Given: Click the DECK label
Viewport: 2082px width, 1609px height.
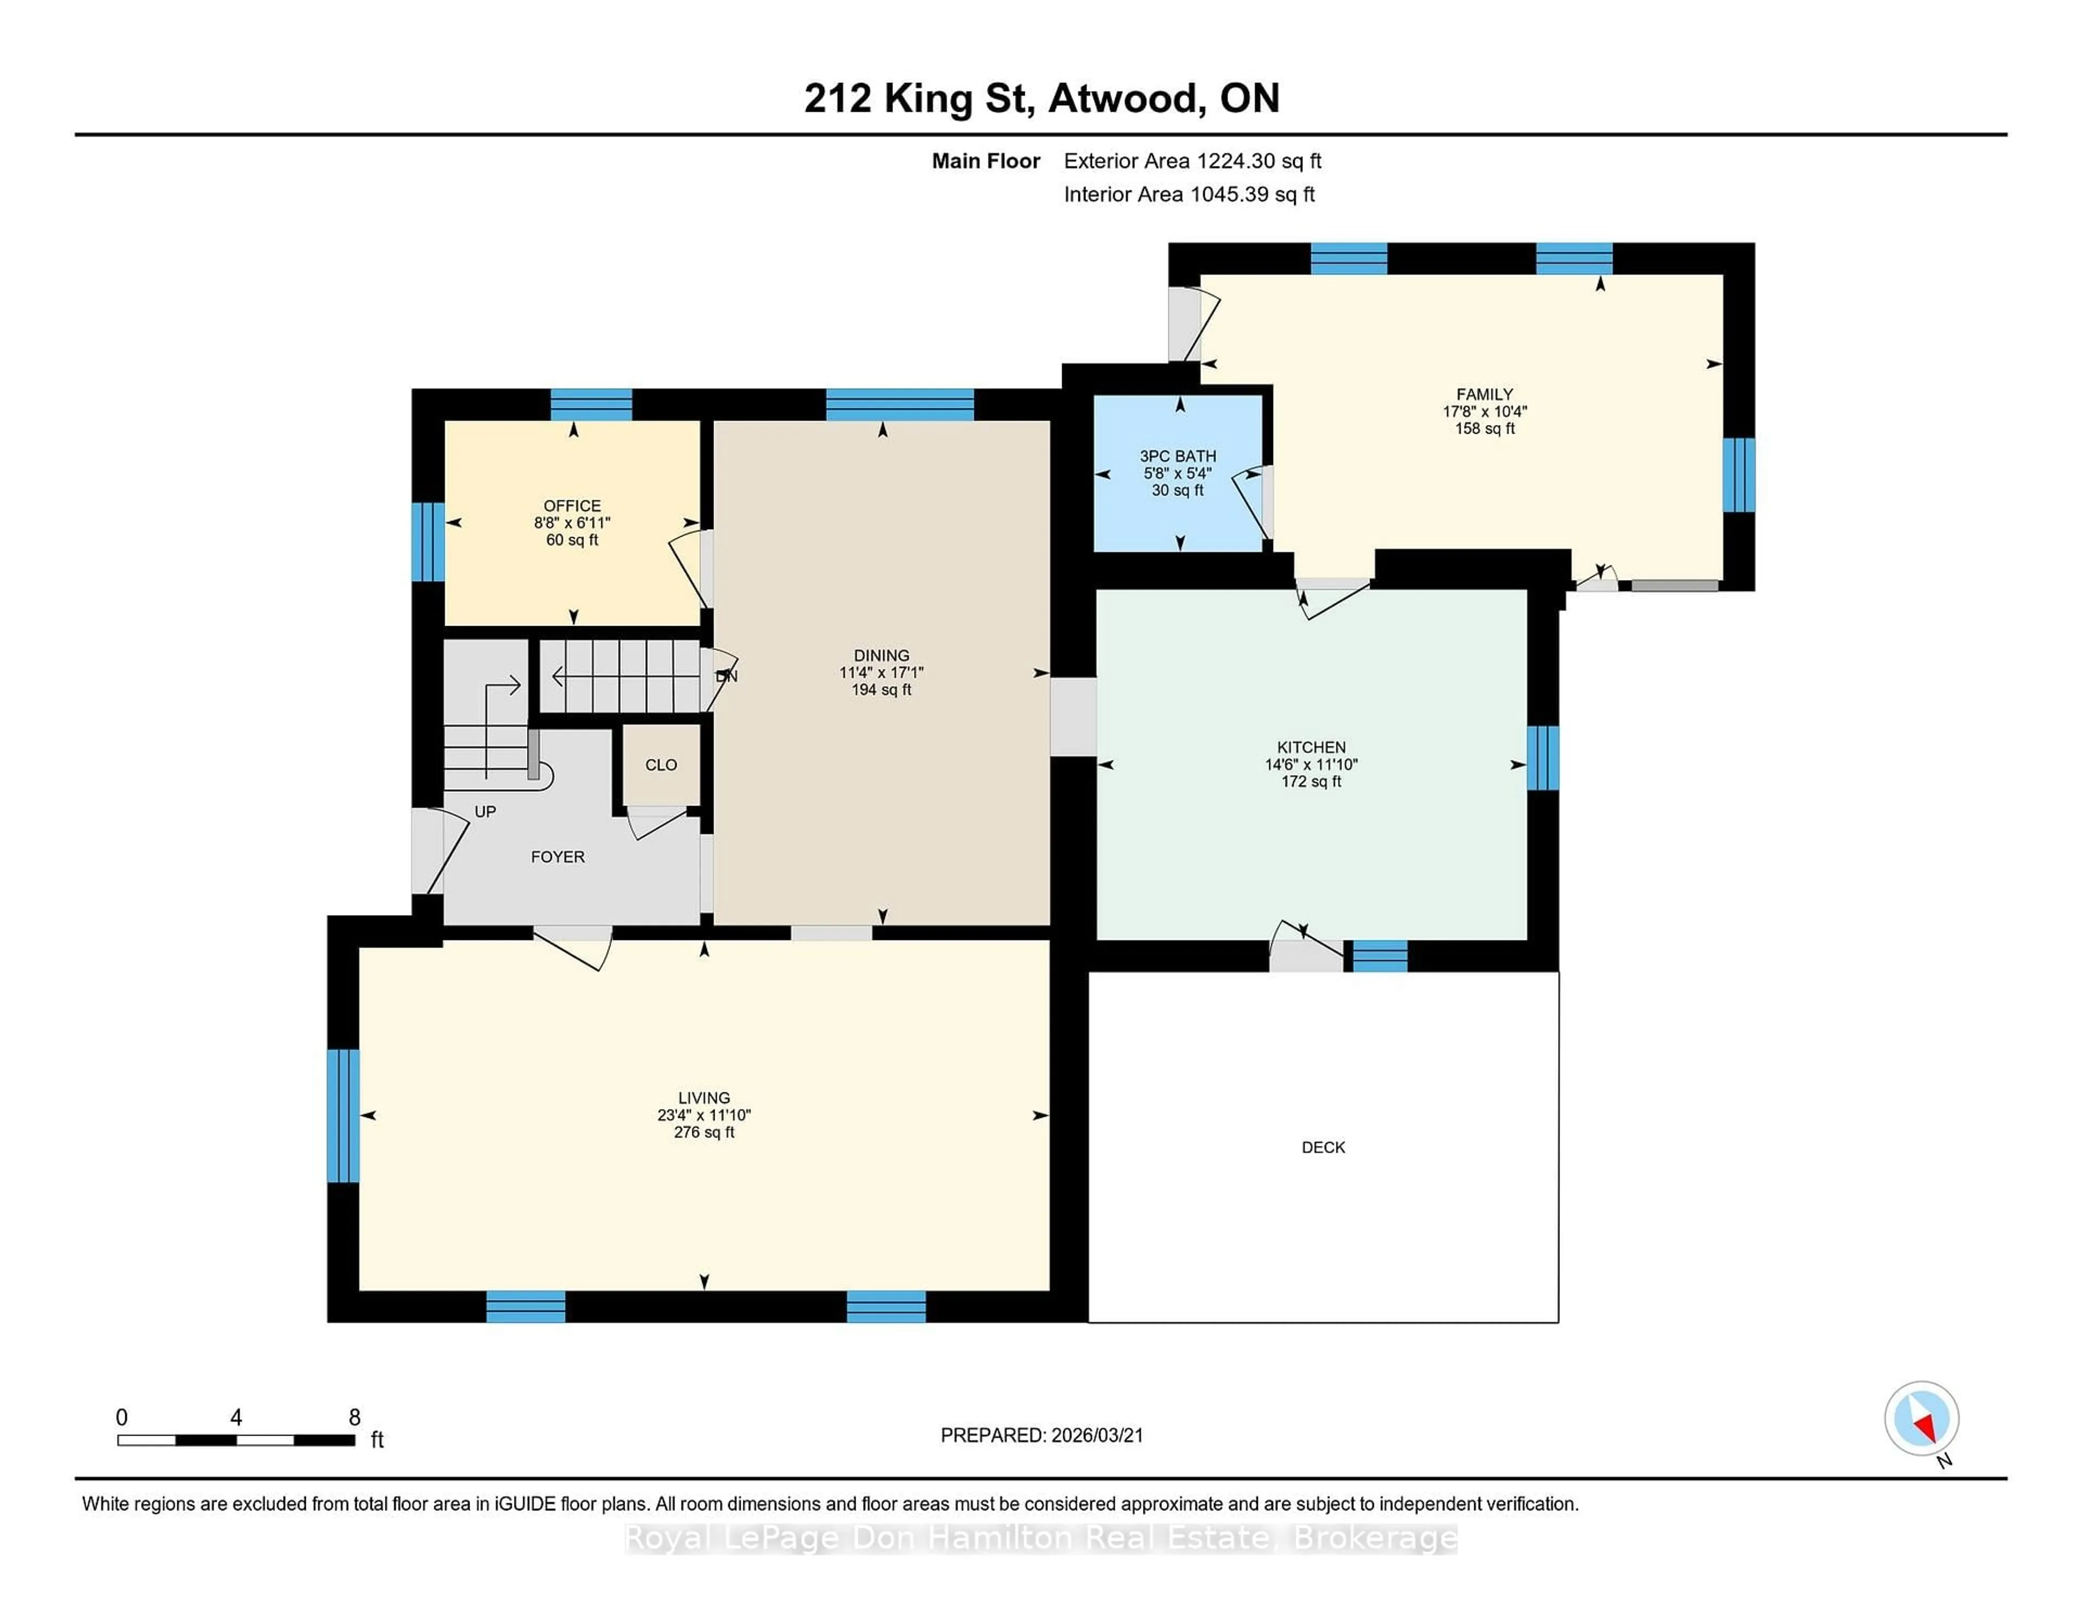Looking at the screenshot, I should pyautogui.click(x=1323, y=1147).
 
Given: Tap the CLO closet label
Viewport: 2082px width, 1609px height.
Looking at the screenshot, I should pyautogui.click(x=660, y=764).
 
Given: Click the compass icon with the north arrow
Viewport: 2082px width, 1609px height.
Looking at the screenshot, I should pyautogui.click(x=1921, y=1418).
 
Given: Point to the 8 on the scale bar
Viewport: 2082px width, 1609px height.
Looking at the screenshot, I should pyautogui.click(x=355, y=1418).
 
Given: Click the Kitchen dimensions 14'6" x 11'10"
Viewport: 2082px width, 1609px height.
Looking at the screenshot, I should pyautogui.click(x=1311, y=764).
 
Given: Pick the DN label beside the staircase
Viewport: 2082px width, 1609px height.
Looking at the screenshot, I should pyautogui.click(x=727, y=676).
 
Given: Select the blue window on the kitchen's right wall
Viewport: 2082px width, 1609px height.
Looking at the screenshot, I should pyautogui.click(x=1543, y=758).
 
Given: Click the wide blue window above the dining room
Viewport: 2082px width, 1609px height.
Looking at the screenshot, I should pyautogui.click(x=899, y=404).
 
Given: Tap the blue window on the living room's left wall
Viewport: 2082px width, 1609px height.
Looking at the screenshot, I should pyautogui.click(x=343, y=1115).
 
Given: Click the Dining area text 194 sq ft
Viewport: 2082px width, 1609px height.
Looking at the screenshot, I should pyautogui.click(x=881, y=689).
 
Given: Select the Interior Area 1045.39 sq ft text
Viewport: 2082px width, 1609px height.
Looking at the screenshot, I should pyautogui.click(x=1189, y=195).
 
